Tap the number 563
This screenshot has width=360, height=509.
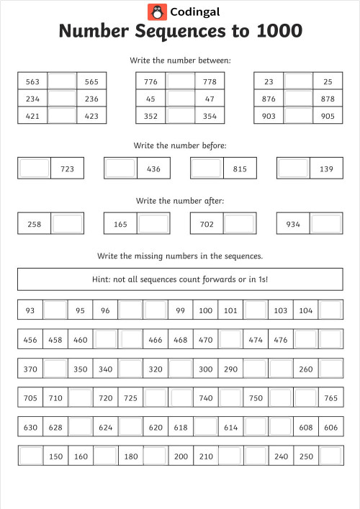coord(32,82)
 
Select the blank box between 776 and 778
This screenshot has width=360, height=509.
coord(180,82)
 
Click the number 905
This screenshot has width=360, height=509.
coord(328,116)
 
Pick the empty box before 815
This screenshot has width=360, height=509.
coord(206,168)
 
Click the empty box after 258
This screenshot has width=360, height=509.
coord(68,224)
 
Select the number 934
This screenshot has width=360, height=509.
coord(293,224)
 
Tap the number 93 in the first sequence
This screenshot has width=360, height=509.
coord(30,310)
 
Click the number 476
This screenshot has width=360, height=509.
coord(281,339)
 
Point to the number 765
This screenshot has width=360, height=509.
coord(330,397)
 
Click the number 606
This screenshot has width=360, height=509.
coord(330,427)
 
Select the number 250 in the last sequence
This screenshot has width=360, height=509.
coord(306,456)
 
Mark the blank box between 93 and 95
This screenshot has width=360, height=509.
coord(55,310)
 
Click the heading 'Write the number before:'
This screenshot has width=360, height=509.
coord(180,145)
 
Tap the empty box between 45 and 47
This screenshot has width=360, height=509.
coord(180,99)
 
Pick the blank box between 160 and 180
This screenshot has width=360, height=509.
coord(105,456)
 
